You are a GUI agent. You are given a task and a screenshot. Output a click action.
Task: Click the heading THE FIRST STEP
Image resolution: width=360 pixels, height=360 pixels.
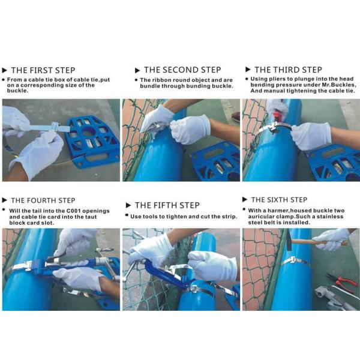[x=43, y=70]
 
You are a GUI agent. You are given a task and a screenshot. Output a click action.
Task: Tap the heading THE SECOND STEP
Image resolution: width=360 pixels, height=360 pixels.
[x=182, y=70]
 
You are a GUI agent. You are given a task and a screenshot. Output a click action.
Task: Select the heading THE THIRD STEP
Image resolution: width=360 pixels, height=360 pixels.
[x=288, y=70]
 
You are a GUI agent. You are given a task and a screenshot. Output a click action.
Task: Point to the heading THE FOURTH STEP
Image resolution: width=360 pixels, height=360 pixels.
[x=43, y=200]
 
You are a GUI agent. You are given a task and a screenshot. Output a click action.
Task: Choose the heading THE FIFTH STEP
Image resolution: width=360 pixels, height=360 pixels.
[x=167, y=205]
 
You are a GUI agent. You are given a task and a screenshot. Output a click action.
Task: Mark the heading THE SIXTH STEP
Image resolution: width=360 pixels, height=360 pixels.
[x=279, y=200]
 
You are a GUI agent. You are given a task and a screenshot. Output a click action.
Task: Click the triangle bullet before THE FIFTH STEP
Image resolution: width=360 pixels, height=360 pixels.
[x=128, y=205]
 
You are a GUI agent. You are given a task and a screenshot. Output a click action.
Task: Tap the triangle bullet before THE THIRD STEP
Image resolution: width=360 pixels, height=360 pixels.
[x=248, y=70]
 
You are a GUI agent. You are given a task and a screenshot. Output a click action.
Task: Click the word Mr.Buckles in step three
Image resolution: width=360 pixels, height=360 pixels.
[x=343, y=85]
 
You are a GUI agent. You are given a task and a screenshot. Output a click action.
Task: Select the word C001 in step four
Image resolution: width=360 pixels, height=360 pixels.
[x=73, y=211]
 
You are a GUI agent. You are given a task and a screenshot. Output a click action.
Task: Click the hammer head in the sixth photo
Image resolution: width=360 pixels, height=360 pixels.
[x=289, y=240]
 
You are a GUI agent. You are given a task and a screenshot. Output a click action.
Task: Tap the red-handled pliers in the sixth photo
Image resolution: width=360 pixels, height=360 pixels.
[x=339, y=281]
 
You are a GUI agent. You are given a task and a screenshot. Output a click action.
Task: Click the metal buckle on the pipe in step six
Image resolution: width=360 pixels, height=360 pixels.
[x=291, y=260]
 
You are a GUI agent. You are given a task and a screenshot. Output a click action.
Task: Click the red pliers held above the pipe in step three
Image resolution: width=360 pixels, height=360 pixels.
[x=277, y=114]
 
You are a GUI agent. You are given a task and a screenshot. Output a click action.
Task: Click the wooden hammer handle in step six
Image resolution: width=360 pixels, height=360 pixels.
[x=319, y=242]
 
